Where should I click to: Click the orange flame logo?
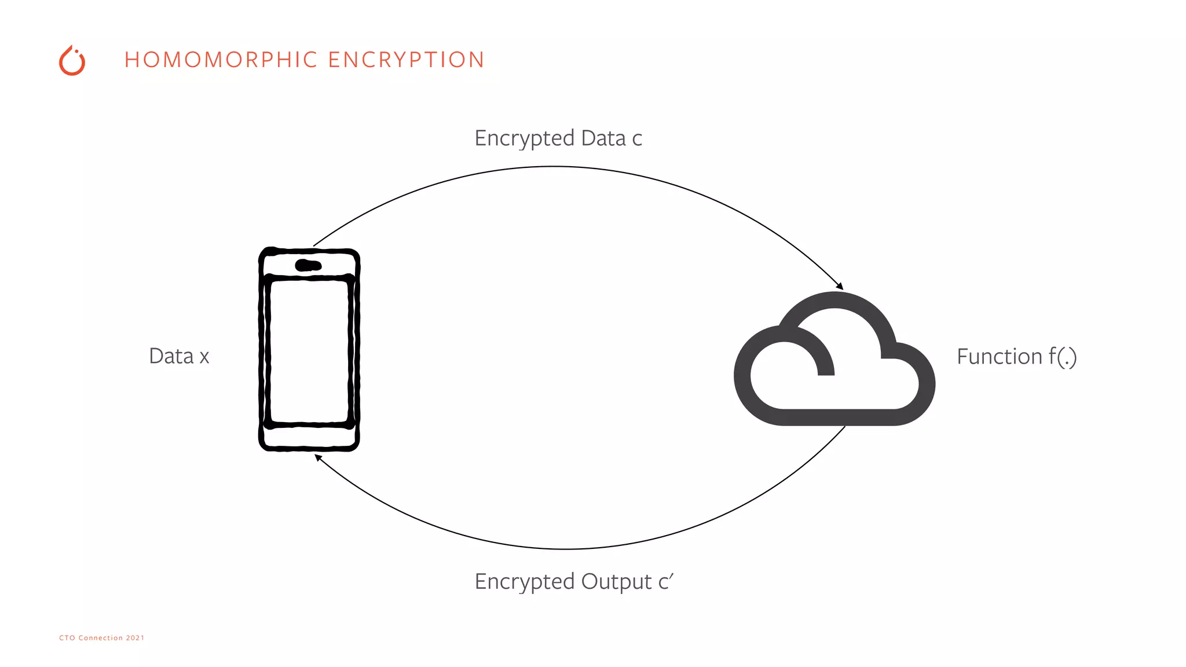(x=72, y=61)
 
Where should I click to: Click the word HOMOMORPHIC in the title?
(x=221, y=60)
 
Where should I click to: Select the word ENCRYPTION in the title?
(x=406, y=60)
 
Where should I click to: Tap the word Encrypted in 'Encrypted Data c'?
(x=524, y=139)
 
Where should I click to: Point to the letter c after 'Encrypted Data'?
(x=637, y=140)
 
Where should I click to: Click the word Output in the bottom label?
(x=616, y=582)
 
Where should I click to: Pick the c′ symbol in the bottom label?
(x=666, y=581)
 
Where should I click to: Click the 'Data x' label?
(x=179, y=356)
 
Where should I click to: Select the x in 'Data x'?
(x=204, y=357)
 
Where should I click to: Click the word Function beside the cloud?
(x=999, y=357)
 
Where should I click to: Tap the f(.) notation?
(x=1063, y=357)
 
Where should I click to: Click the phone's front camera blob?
(x=308, y=266)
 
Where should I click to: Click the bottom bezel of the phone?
(x=309, y=438)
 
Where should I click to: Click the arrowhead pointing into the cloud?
(x=840, y=286)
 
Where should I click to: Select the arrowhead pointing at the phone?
(x=318, y=457)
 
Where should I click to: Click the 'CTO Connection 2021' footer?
(x=101, y=637)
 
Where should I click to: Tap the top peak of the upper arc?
(x=555, y=167)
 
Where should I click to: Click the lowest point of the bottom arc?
(x=566, y=548)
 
